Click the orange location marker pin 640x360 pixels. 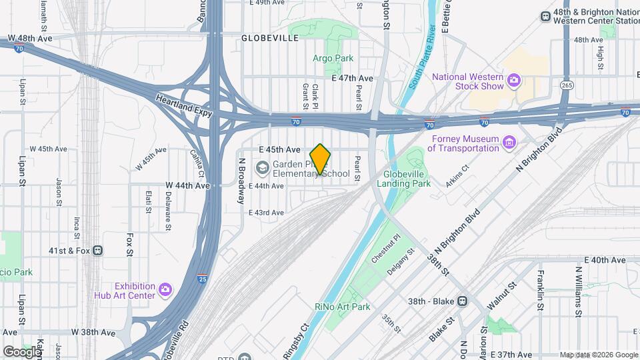(x=321, y=159)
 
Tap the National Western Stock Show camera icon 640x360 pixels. (x=513, y=81)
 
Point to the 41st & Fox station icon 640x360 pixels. (x=98, y=251)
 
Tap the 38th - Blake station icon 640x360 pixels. (x=461, y=301)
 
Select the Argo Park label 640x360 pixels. (x=333, y=58)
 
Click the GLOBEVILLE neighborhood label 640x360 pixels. (x=270, y=38)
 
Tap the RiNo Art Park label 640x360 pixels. (x=342, y=307)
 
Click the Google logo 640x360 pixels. (x=21, y=351)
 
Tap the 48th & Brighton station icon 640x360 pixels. (x=545, y=17)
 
